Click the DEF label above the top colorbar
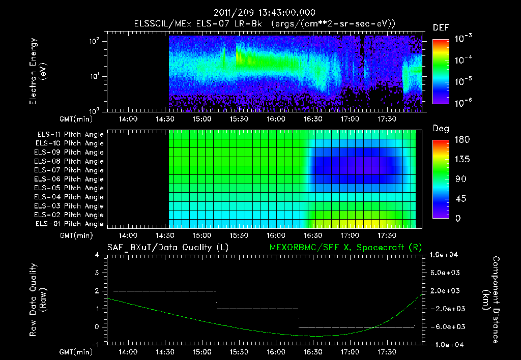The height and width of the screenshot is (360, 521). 441,27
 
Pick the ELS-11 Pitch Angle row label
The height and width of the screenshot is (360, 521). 70,134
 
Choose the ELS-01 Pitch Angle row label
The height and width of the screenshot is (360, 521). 70,224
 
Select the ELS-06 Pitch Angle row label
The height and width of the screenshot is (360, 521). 70,179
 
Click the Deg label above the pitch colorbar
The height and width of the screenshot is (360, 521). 441,129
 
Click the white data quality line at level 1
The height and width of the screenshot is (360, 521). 257,309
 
